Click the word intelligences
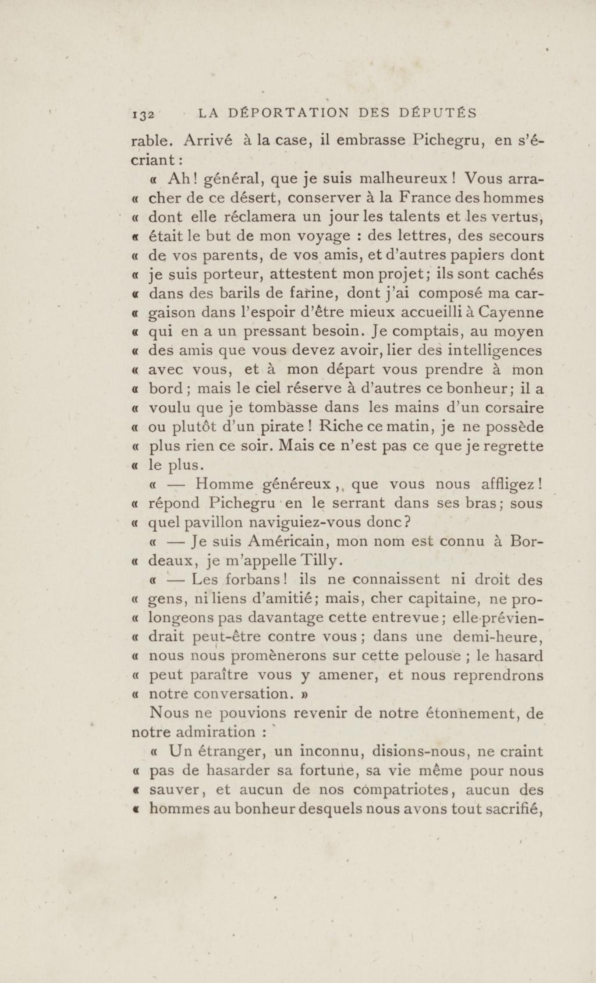495,351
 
